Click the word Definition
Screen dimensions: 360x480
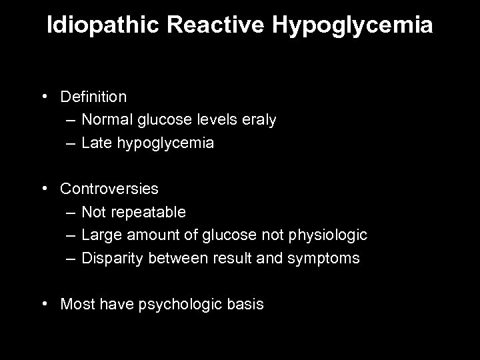pos(93,97)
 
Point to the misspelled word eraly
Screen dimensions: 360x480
pos(257,121)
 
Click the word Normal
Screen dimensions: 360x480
pos(106,120)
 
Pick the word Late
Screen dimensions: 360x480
pos(95,143)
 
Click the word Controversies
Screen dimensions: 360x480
pos(109,189)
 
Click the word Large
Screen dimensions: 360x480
pos(101,235)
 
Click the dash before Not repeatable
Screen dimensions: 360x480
pos(71,213)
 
